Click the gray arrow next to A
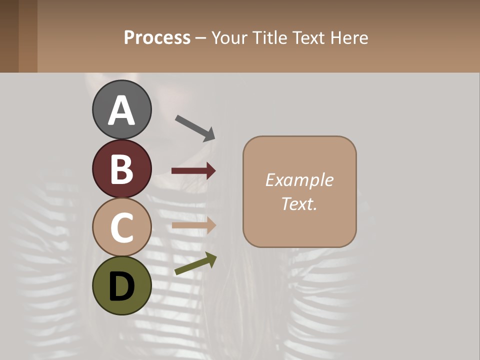pos(195,127)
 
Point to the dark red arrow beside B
pos(193,171)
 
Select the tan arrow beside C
pos(193,225)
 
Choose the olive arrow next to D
pos(195,264)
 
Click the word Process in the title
pos(157,38)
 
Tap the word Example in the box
pos(299,180)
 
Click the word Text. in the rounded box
pos(299,203)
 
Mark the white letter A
pos(122,110)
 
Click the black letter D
pos(122,286)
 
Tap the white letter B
pos(122,169)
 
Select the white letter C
pos(122,227)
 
